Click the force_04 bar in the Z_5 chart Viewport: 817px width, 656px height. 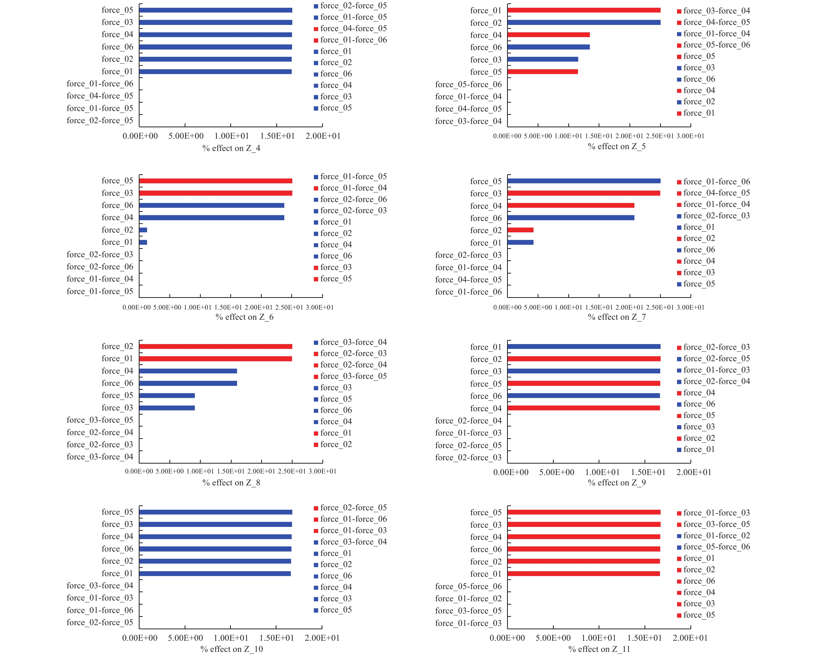point(548,35)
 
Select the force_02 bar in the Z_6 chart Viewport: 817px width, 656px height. point(143,230)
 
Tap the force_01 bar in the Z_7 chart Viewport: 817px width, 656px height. point(520,242)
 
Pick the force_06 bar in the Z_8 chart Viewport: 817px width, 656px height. point(188,383)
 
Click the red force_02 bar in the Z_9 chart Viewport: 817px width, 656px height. point(584,359)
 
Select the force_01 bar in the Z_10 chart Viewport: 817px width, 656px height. point(215,574)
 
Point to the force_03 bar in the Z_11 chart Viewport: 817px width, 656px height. point(584,525)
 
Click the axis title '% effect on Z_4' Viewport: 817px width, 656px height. point(231,148)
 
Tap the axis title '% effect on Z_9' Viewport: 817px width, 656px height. point(617,483)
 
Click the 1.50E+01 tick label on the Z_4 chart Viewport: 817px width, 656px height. point(277,136)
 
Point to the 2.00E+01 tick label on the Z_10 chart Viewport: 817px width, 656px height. point(322,638)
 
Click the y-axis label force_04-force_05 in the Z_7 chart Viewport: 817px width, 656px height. point(468,280)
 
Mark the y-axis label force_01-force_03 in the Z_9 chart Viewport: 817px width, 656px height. point(468,433)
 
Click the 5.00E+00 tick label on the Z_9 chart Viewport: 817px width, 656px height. point(557,472)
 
